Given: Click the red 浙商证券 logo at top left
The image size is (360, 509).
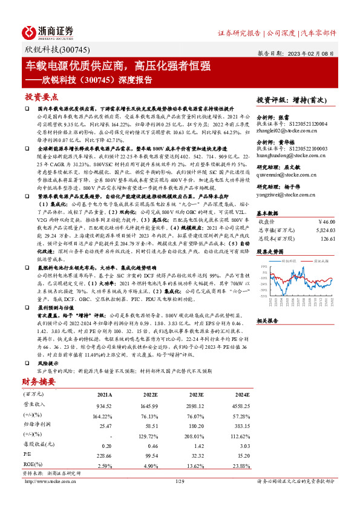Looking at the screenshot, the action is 48,31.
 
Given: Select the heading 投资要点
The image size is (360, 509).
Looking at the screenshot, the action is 41,97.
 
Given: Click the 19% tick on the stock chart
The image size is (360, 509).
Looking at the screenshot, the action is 263,265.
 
